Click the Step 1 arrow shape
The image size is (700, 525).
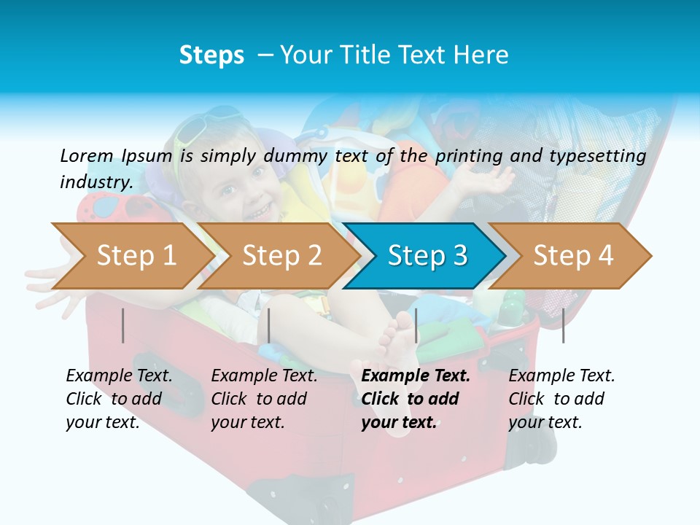click(x=136, y=256)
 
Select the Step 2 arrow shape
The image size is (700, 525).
click(x=281, y=256)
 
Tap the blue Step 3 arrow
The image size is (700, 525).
click(x=427, y=256)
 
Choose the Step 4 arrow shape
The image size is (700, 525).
click(x=573, y=256)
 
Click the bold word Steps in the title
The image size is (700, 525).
click(x=211, y=55)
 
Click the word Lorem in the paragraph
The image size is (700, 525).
click(x=86, y=155)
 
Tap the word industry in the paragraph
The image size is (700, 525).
click(x=95, y=182)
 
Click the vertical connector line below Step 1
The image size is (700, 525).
click(x=123, y=325)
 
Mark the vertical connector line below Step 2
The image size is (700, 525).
click(x=269, y=325)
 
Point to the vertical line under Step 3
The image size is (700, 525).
click(x=416, y=325)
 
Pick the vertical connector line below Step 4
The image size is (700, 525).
click(x=564, y=325)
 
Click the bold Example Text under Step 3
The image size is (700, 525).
click(x=416, y=376)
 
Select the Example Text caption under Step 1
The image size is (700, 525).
click(x=119, y=376)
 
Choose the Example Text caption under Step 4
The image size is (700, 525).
click(x=561, y=376)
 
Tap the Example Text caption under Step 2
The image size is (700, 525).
click(x=264, y=376)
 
